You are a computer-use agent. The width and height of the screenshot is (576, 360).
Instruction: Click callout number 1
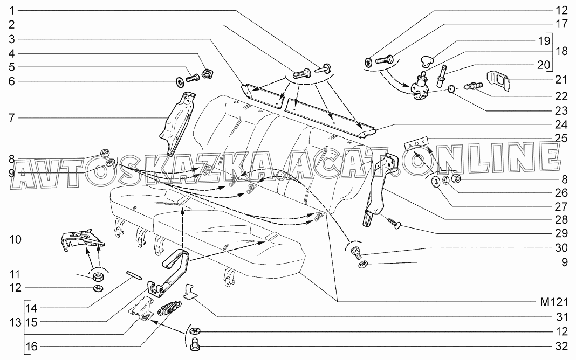11,11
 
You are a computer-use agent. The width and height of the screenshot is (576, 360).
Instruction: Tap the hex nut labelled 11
99,277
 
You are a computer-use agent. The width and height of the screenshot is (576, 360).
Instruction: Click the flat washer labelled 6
178,81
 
